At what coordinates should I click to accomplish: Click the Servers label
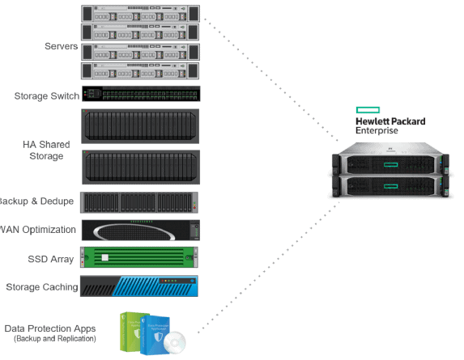[x=61, y=46]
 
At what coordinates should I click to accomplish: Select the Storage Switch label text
[x=46, y=96]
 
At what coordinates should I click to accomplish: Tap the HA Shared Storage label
[x=46, y=150]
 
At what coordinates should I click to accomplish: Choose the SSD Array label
[x=51, y=259]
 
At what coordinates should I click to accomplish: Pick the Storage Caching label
[x=42, y=287]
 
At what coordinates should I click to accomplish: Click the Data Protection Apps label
[x=50, y=328]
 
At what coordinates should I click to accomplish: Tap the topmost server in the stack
[x=140, y=14]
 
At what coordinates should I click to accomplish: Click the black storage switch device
[x=140, y=94]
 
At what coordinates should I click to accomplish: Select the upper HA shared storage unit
[x=140, y=125]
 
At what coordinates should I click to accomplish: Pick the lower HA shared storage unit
[x=140, y=167]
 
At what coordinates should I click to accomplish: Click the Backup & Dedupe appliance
[x=140, y=202]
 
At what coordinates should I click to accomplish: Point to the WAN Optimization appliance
[x=140, y=230]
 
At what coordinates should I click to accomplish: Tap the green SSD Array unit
[x=140, y=258]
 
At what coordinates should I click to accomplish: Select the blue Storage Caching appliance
[x=140, y=286]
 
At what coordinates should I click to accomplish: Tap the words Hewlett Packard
[x=390, y=121]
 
